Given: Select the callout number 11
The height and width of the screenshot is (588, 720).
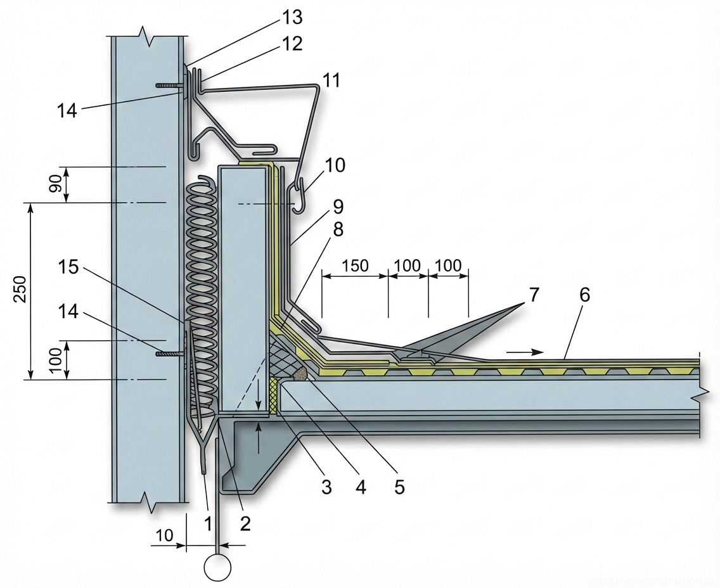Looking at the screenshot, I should [x=331, y=80].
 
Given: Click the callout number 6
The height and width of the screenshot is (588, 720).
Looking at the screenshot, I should [x=584, y=295].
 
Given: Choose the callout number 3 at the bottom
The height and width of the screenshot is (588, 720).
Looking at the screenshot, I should [x=326, y=487].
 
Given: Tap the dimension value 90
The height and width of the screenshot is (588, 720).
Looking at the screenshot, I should [x=56, y=184].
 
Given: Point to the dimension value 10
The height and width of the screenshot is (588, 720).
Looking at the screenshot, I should [x=164, y=535].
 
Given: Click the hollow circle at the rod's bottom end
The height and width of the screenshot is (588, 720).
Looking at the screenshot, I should [x=217, y=567].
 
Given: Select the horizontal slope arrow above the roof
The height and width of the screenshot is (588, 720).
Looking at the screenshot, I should [x=529, y=351].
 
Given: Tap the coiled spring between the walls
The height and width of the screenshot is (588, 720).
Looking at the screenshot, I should [x=202, y=285].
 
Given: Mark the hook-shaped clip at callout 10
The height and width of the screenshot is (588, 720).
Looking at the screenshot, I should [x=299, y=196].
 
